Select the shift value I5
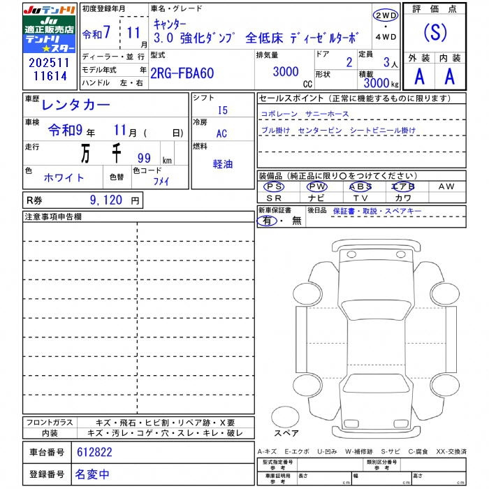222,110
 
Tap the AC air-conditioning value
221,134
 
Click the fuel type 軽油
223,164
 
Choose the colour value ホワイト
64,177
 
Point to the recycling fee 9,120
108,200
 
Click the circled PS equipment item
275,187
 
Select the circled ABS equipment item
360,187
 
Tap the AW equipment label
446,187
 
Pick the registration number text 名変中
92,474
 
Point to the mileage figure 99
145,158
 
